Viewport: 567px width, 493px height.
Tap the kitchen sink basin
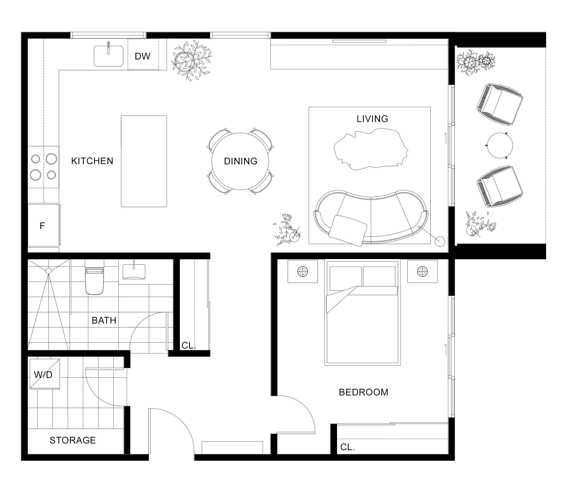tap(108, 56)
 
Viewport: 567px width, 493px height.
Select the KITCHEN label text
tap(92, 161)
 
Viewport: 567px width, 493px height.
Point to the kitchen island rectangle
tap(144, 161)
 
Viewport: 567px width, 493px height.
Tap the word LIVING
tap(372, 119)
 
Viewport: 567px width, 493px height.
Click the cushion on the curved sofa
tap(348, 231)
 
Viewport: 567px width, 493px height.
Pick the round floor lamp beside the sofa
tap(439, 241)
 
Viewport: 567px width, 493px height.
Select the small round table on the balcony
tap(500, 145)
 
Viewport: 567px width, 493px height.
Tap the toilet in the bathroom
tap(95, 277)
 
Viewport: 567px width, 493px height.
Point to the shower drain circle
tap(48, 271)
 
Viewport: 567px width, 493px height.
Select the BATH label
tap(104, 321)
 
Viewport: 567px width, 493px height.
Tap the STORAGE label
tap(73, 440)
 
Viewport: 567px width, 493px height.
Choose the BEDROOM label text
tap(364, 392)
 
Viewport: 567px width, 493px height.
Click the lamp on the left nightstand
tap(303, 272)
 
